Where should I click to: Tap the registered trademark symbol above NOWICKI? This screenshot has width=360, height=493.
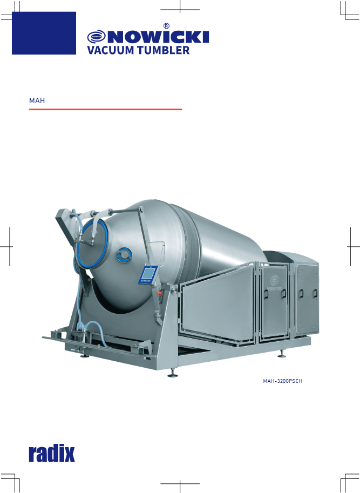pos(166,26)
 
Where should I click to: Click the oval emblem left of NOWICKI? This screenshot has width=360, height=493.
pos(97,37)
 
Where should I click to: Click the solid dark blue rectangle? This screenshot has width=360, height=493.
pos(44,33)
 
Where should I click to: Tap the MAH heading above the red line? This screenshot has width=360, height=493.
pos(37,100)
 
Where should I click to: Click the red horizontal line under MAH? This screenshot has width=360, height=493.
pos(106,109)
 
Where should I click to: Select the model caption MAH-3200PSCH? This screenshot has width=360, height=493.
pos(282,381)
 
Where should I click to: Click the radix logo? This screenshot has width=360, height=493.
pos(52,453)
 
